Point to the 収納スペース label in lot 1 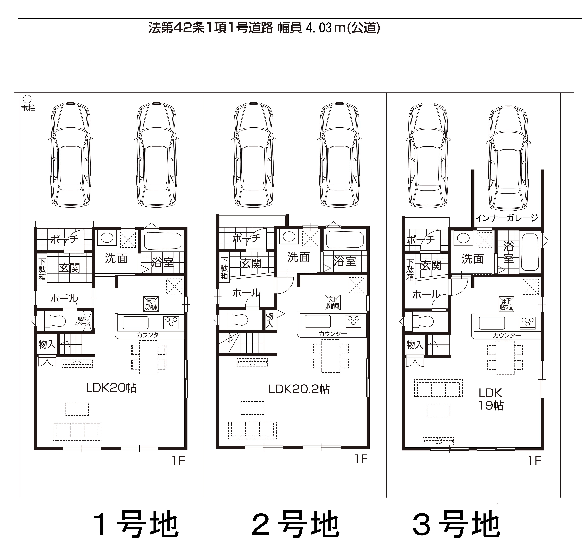point(82,321)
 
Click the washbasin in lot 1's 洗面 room point(107,237)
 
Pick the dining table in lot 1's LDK point(149,357)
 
